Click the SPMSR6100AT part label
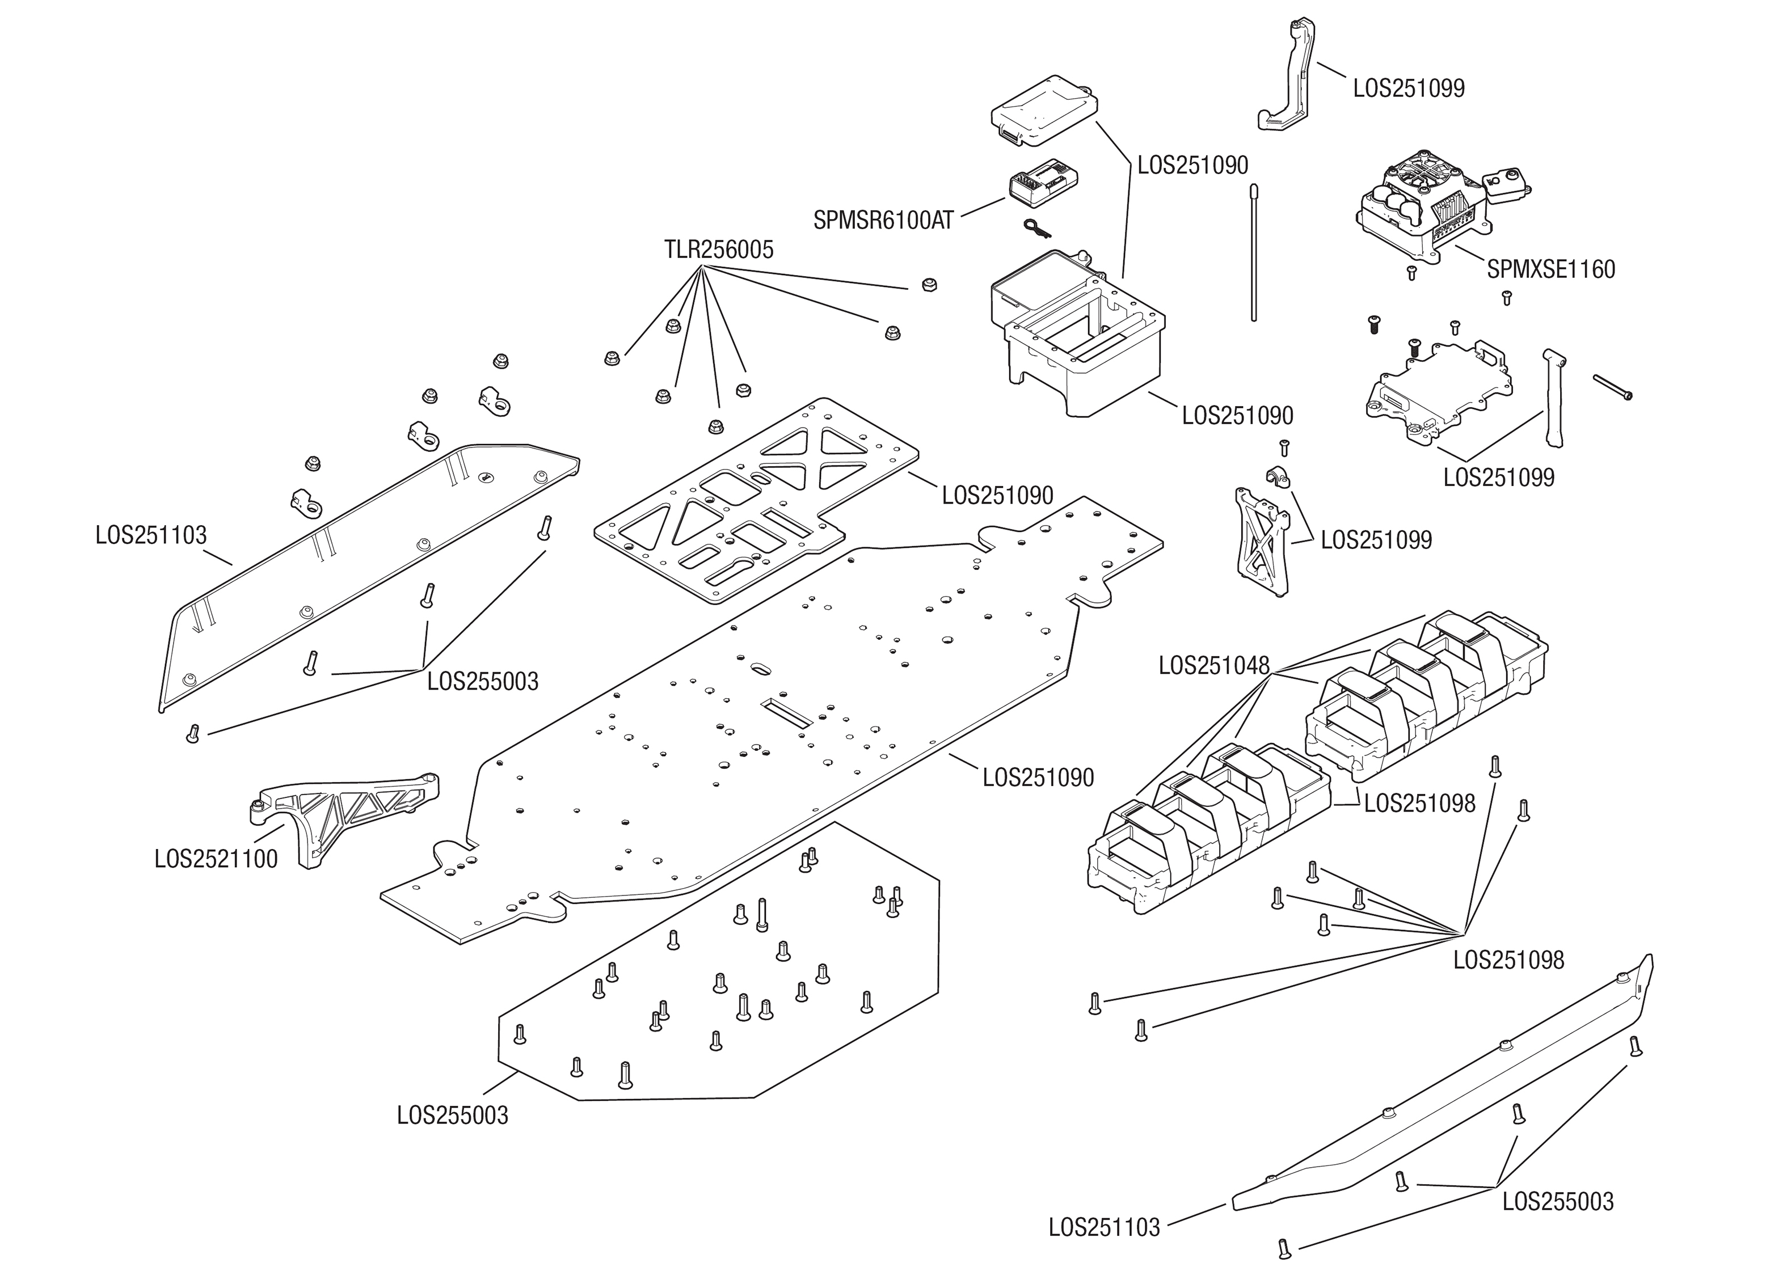(883, 221)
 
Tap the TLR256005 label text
(718, 250)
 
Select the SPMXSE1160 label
(1550, 269)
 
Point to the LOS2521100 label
(216, 859)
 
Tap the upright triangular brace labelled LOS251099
(1261, 539)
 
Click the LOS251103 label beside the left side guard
(151, 535)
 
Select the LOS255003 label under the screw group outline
(453, 1115)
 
